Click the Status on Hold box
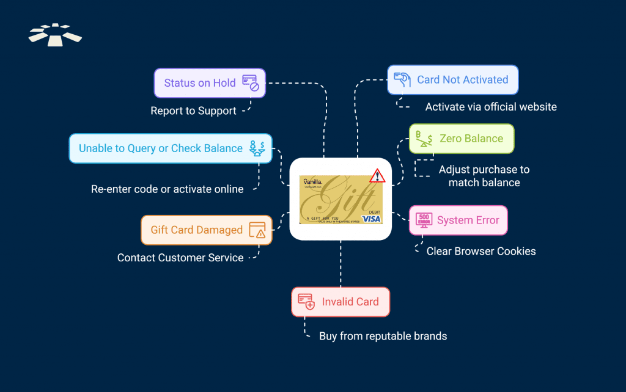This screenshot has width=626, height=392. pos(209,83)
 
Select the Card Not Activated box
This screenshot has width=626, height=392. pos(452,80)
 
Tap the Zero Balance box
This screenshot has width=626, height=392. pos(461,139)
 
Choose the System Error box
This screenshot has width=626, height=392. pos(458,220)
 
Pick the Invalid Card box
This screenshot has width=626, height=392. pos(340,302)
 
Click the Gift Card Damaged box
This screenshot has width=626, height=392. pos(207,230)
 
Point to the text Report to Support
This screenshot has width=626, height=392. pos(193,111)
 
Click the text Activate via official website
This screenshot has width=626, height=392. pos(491,107)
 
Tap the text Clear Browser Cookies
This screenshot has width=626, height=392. pos(481,251)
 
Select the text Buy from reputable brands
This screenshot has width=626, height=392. pos(383,336)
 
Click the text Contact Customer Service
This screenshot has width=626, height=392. pos(180,258)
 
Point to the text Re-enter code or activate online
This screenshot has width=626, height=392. pos(167,189)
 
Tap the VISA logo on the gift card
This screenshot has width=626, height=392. pos(370,219)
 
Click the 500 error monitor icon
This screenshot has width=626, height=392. pos(424,220)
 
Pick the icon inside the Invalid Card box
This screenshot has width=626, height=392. pos(306,302)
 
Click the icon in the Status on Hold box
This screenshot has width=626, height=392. pos(251,83)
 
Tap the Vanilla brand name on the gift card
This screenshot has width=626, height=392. pos(313,182)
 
